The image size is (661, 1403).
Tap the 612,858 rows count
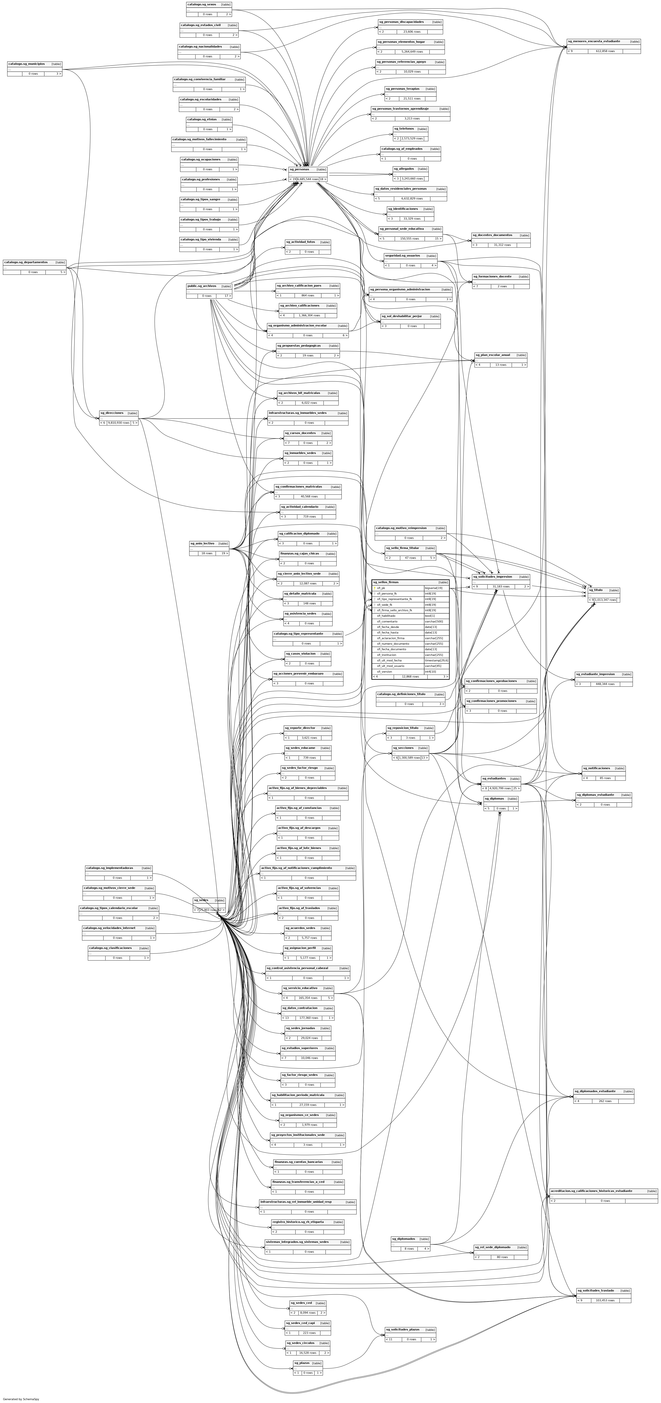pos(605,51)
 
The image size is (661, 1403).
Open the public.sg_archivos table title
pos(201,286)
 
